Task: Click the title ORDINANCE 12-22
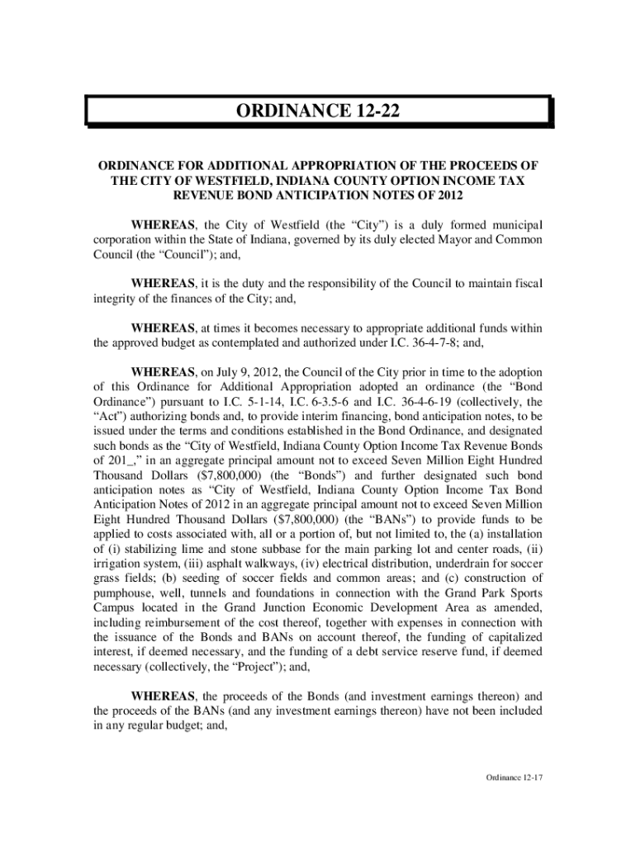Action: point(318,111)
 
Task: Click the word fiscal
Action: point(526,284)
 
